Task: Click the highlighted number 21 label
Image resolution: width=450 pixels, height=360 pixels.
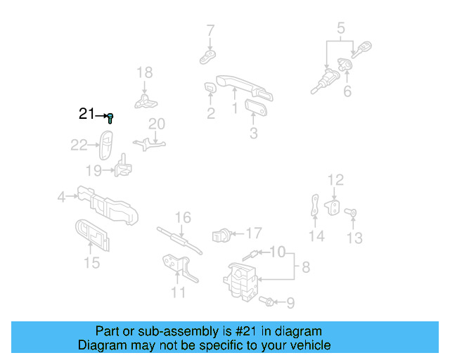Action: (x=86, y=114)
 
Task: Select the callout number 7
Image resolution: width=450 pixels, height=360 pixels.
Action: (x=210, y=30)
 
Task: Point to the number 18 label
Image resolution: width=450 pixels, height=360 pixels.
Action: (x=144, y=72)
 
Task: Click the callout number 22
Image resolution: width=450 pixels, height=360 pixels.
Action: (x=79, y=146)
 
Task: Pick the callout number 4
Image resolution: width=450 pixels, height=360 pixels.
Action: (x=62, y=198)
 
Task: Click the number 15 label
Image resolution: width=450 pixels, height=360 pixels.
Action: (x=91, y=263)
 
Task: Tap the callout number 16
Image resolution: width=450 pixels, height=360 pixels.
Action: (x=183, y=218)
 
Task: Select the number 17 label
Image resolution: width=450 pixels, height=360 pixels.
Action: (x=253, y=233)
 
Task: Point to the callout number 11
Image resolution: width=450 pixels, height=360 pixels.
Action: (x=179, y=292)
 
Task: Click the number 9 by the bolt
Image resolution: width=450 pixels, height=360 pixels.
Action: (x=290, y=303)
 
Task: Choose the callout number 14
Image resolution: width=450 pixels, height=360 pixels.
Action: (x=317, y=236)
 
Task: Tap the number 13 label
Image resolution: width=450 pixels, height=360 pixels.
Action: (x=355, y=238)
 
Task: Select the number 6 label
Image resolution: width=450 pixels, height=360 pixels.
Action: (x=347, y=92)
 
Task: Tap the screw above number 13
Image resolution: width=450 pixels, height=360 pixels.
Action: (x=354, y=212)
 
